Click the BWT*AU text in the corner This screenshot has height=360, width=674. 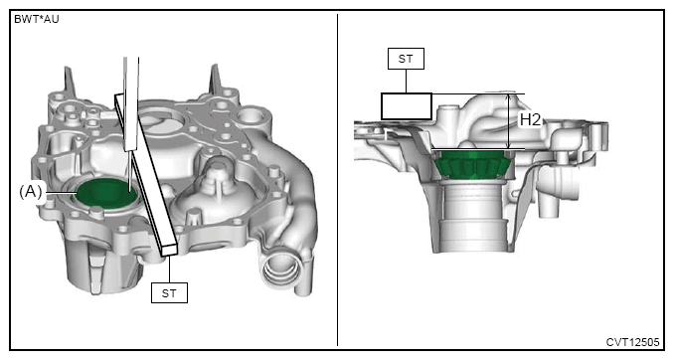click(36, 19)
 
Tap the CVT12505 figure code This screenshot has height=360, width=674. click(632, 342)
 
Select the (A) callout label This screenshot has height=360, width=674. click(31, 191)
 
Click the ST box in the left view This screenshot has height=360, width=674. click(169, 293)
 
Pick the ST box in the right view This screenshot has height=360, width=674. click(406, 59)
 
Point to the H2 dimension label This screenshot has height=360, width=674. click(530, 119)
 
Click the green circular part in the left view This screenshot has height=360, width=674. click(107, 195)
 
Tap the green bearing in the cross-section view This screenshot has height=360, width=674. click(472, 164)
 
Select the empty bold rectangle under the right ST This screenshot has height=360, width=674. click(407, 106)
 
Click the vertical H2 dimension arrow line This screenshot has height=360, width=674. click(509, 121)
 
